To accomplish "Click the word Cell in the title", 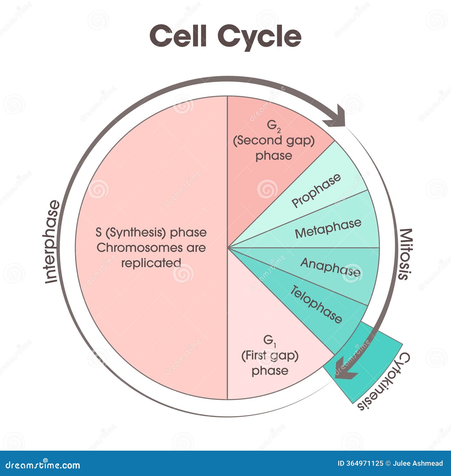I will pyautogui.click(x=178, y=36).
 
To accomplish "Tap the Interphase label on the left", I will pyautogui.click(x=52, y=242).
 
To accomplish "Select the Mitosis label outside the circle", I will pyautogui.click(x=406, y=254).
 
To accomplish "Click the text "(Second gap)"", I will pyautogui.click(x=274, y=140).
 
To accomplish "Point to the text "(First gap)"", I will pyautogui.click(x=270, y=355).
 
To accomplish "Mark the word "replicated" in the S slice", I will pyautogui.click(x=151, y=263).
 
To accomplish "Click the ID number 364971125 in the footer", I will pyautogui.click(x=364, y=463).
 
